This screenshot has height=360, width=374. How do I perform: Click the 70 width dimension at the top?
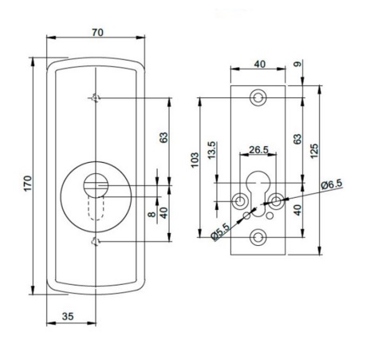[97, 34]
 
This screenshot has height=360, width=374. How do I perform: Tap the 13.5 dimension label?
[211, 150]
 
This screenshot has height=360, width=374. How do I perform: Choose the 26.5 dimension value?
[258, 149]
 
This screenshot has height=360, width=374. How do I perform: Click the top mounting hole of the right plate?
[258, 98]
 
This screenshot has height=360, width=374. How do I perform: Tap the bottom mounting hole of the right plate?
[258, 237]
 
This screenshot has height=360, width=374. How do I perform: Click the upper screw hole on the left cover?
[96, 98]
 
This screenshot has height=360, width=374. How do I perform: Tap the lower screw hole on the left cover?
[96, 242]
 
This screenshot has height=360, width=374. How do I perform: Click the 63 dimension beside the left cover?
[163, 137]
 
